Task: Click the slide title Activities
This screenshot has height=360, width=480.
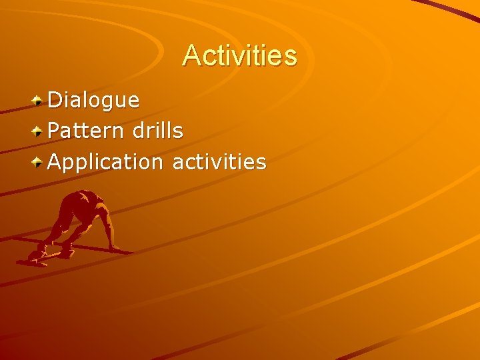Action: pyautogui.click(x=240, y=55)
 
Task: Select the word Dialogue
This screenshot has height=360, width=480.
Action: pyautogui.click(x=94, y=101)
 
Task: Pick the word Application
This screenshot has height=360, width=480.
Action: pyautogui.click(x=105, y=162)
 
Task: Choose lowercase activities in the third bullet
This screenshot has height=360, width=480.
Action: pyautogui.click(x=219, y=161)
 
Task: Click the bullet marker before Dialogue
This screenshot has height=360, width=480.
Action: pyautogui.click(x=39, y=101)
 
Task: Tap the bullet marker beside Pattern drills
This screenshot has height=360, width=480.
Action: pyautogui.click(x=39, y=131)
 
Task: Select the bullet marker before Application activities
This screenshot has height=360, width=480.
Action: pyautogui.click(x=39, y=161)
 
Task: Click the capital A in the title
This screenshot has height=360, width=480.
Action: pyautogui.click(x=191, y=55)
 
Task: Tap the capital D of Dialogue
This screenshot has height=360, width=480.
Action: pyautogui.click(x=55, y=101)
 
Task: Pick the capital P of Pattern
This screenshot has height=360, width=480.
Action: pyautogui.click(x=55, y=131)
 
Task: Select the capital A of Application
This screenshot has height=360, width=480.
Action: pyautogui.click(x=55, y=161)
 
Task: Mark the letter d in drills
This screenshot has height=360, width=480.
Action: pyautogui.click(x=138, y=131)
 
